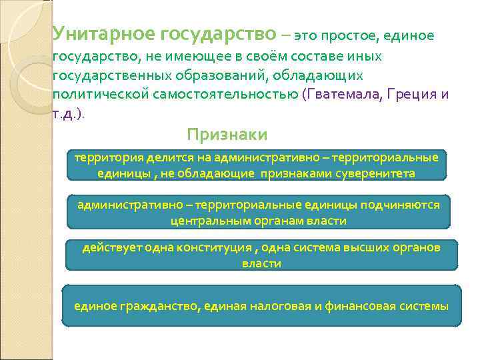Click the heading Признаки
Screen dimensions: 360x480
pyautogui.click(x=227, y=135)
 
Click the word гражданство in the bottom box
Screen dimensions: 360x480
pyautogui.click(x=158, y=307)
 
